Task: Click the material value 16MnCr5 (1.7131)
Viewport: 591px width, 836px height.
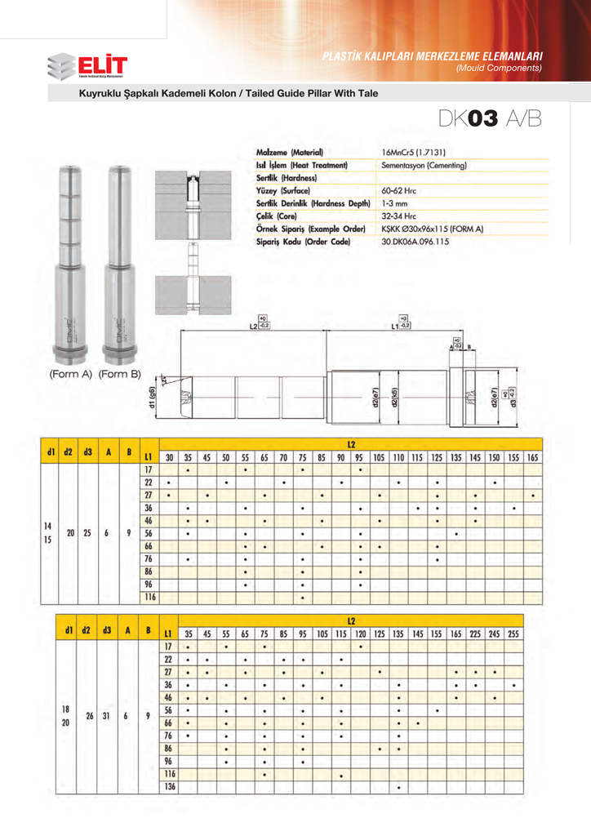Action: (418, 153)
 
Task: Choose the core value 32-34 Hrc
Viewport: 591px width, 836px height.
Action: (400, 216)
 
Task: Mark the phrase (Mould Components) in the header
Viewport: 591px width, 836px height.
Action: (500, 68)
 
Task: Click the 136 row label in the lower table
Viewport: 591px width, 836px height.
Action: (169, 787)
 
